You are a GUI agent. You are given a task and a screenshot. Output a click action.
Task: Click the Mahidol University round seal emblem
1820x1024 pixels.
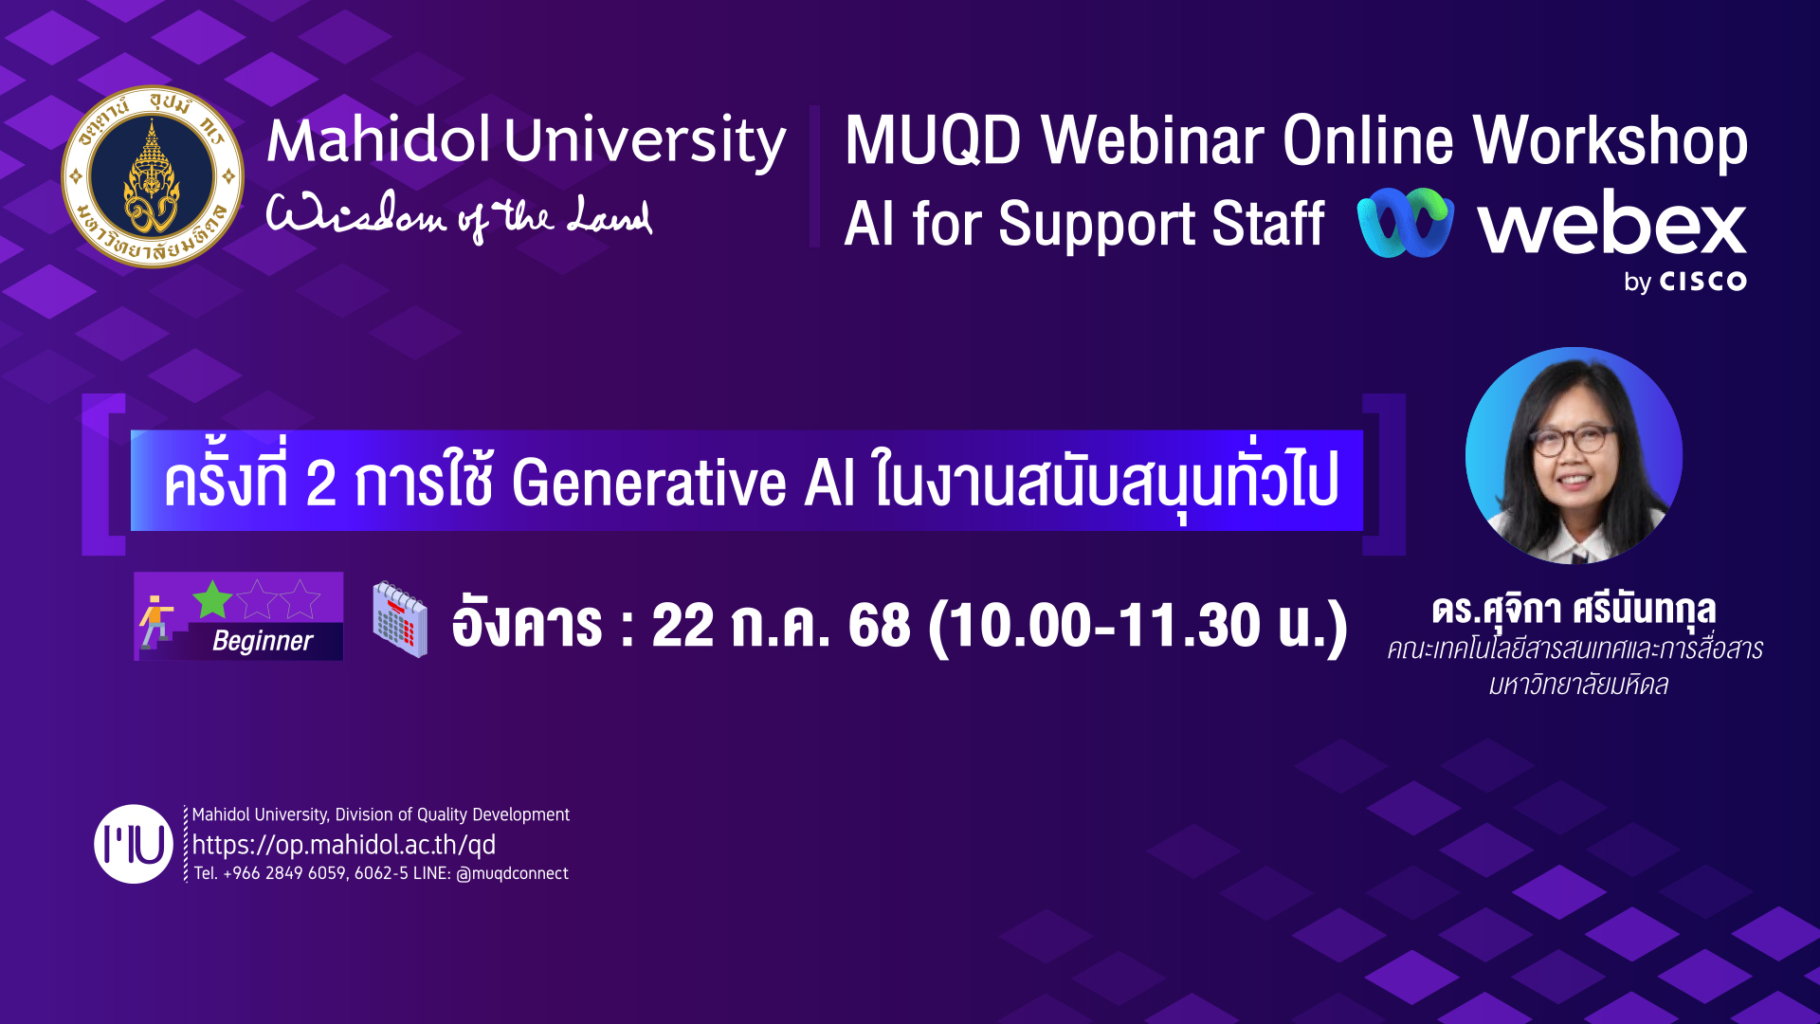[153, 176]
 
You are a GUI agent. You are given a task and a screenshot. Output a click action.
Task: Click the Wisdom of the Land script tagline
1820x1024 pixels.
[459, 218]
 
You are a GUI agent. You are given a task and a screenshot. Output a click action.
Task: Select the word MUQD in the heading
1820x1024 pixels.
[933, 140]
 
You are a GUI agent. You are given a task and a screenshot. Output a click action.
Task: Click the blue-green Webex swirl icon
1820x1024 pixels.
[1406, 223]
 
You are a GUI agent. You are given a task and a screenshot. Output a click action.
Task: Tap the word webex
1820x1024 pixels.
[1611, 225]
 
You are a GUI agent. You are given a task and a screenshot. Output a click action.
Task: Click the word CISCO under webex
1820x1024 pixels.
[1702, 282]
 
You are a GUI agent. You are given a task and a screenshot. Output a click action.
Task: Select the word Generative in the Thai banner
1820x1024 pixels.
[649, 483]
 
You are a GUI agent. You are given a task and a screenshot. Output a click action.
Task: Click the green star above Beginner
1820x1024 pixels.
[212, 599]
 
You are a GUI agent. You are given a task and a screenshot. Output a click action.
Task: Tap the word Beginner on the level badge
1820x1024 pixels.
[263, 641]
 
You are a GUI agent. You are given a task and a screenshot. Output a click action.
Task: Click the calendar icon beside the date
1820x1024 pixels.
[400, 619]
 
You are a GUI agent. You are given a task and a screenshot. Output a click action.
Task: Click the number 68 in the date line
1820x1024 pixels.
[879, 626]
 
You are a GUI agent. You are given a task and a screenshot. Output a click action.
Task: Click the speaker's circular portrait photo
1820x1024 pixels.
[1574, 456]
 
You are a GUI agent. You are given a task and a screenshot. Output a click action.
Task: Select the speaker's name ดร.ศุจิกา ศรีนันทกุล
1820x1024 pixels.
[1574, 609]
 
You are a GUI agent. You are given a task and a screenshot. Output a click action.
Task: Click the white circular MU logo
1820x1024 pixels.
[134, 844]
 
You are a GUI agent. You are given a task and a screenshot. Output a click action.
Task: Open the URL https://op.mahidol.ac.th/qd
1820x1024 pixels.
[344, 845]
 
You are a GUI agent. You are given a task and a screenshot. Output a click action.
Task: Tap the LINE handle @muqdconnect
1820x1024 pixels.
[512, 873]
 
